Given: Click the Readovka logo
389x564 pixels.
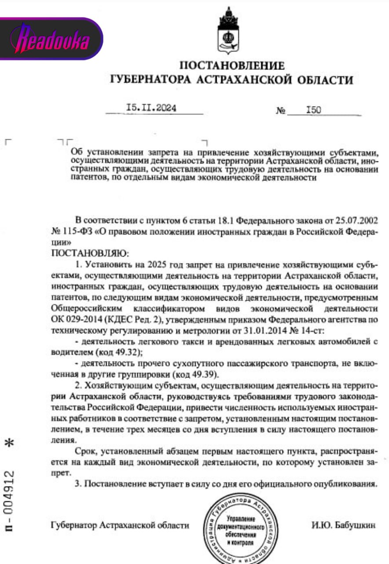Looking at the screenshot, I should (52, 39).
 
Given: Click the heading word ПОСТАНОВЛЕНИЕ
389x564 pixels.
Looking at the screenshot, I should (232, 66).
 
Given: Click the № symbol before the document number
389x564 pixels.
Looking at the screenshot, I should (281, 110).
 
